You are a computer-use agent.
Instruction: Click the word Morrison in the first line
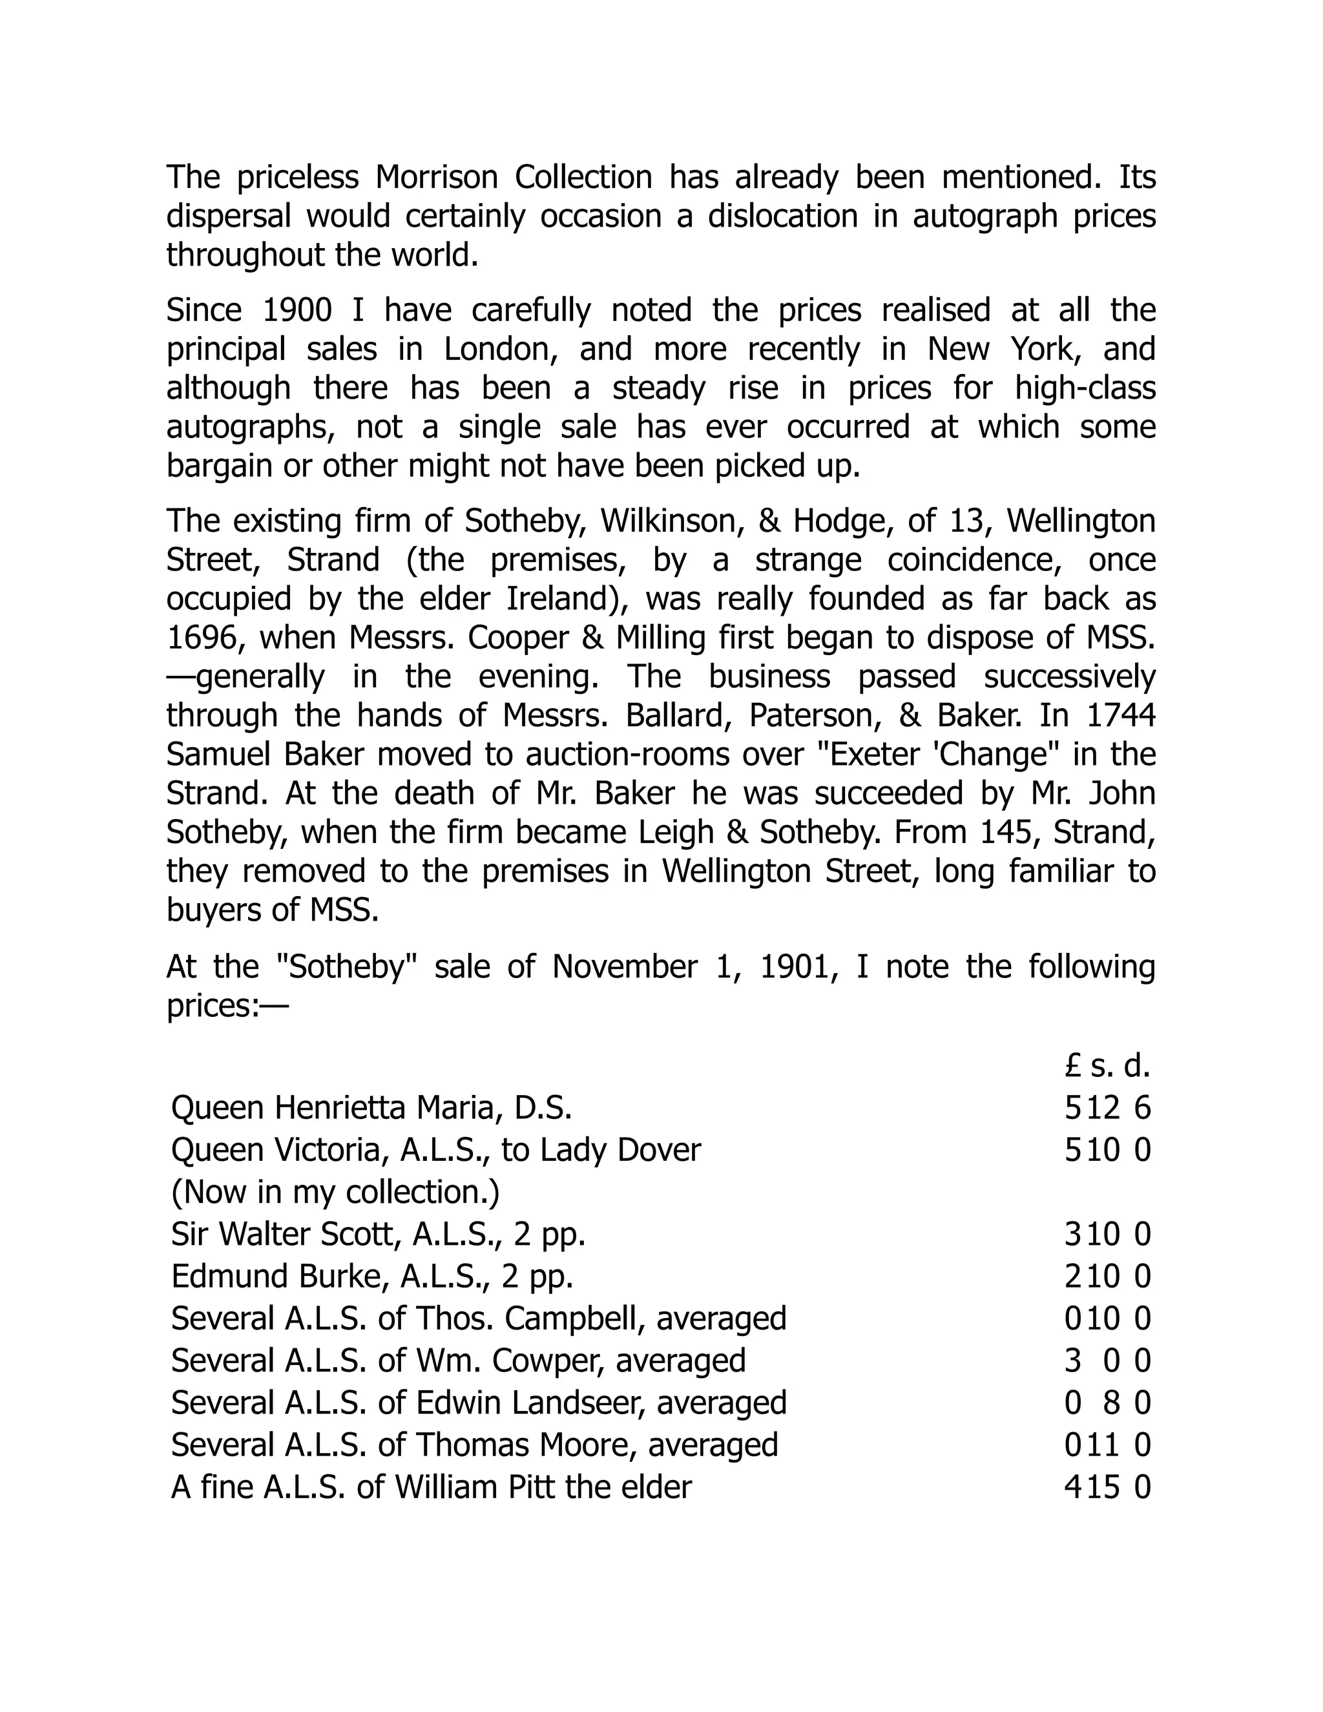(x=436, y=177)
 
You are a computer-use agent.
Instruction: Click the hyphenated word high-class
(x=1085, y=388)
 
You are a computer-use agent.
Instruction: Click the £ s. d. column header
(x=1107, y=1065)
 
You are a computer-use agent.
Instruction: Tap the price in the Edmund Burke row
(x=1107, y=1276)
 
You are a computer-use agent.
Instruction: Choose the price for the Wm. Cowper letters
(x=1107, y=1360)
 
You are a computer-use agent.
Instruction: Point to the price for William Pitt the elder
(x=1107, y=1487)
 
